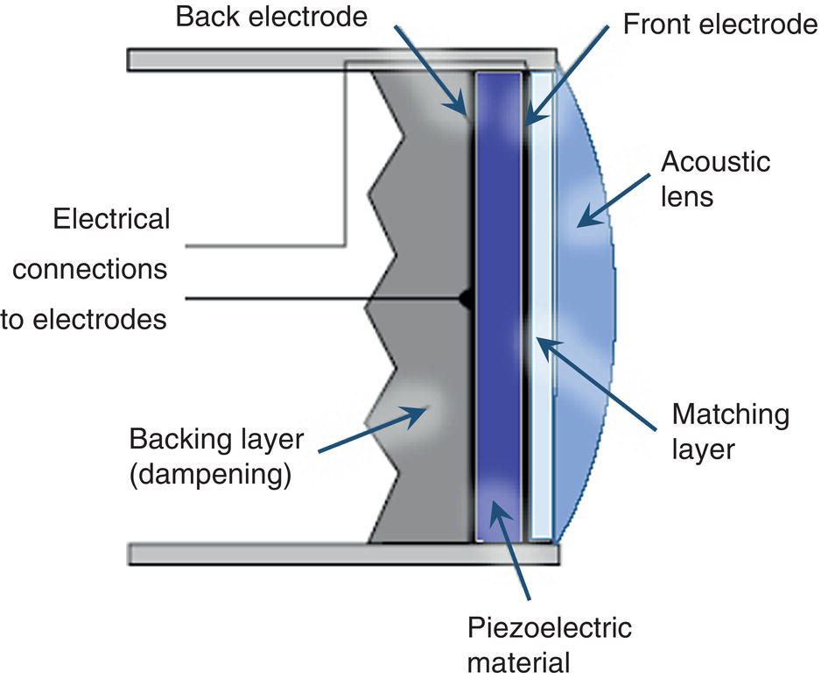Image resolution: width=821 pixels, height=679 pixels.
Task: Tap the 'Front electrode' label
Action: [720, 25]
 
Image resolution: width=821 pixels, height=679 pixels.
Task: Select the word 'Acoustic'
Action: [716, 163]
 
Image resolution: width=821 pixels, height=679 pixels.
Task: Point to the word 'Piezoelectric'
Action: [549, 630]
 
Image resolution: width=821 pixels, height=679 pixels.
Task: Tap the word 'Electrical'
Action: [111, 218]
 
